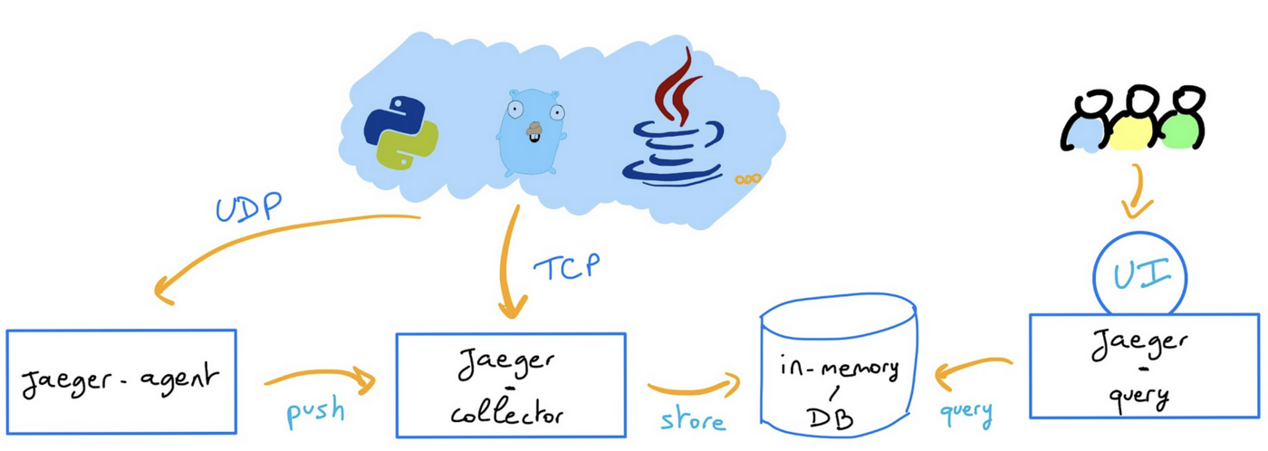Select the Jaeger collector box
pos(511,385)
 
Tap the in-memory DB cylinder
pos(839,371)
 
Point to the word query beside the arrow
pos(965,413)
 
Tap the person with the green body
pos(1183,125)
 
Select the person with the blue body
pos(1087,125)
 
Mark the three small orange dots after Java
pos(747,179)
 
